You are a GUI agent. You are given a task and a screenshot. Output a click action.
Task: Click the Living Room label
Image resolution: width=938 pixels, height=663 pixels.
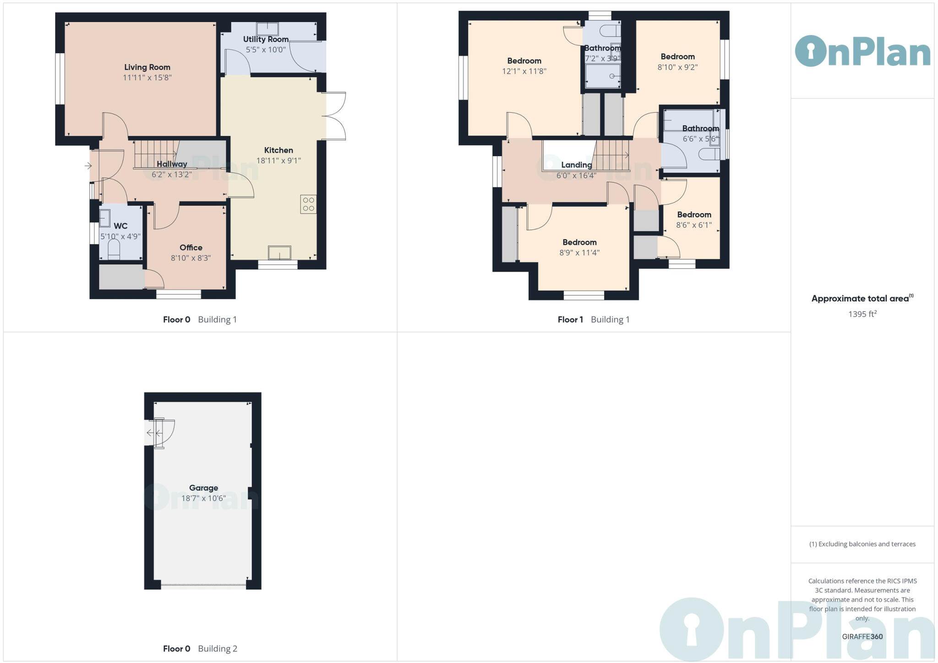pyautogui.click(x=147, y=67)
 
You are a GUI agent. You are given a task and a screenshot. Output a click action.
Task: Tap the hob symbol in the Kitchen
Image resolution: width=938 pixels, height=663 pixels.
pyautogui.click(x=308, y=204)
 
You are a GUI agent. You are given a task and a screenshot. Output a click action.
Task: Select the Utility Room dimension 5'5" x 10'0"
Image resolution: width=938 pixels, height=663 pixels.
pyautogui.click(x=266, y=49)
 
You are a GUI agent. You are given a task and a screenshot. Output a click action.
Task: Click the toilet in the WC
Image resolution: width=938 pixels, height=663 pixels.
pyautogui.click(x=114, y=250)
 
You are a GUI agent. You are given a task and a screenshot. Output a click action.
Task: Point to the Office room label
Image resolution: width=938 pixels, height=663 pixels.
pyautogui.click(x=191, y=247)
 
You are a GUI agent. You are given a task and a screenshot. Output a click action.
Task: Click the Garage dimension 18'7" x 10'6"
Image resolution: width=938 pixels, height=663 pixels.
pyautogui.click(x=203, y=498)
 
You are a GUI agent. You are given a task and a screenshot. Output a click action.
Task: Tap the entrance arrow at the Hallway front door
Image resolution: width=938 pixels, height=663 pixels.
pyautogui.click(x=88, y=166)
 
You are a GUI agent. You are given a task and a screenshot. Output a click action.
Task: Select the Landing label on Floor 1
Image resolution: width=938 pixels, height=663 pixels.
pyautogui.click(x=576, y=165)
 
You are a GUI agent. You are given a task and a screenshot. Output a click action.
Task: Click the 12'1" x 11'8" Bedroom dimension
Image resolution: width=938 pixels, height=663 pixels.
pyautogui.click(x=524, y=71)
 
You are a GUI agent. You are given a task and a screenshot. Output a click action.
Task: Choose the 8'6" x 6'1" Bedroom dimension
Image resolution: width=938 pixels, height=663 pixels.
pyautogui.click(x=694, y=225)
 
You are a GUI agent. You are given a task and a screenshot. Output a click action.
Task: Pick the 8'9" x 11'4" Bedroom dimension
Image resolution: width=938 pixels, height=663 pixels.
pyautogui.click(x=579, y=252)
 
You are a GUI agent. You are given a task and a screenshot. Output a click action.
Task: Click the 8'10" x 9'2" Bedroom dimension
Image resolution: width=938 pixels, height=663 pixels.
pyautogui.click(x=677, y=67)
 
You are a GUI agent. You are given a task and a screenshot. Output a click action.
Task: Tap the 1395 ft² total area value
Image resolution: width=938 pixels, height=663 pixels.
pyautogui.click(x=862, y=314)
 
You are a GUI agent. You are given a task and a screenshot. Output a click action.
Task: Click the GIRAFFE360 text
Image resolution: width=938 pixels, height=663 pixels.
pyautogui.click(x=862, y=636)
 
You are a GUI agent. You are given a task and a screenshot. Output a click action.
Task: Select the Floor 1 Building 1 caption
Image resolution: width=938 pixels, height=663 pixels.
pyautogui.click(x=594, y=319)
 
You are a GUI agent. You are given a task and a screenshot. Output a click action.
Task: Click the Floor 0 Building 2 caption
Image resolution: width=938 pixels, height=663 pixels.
pyautogui.click(x=200, y=648)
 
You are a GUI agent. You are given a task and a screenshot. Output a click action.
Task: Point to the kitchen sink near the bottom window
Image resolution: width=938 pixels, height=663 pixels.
pyautogui.click(x=279, y=252)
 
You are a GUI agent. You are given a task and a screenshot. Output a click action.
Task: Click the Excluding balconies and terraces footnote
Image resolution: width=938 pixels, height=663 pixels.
pyautogui.click(x=862, y=544)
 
